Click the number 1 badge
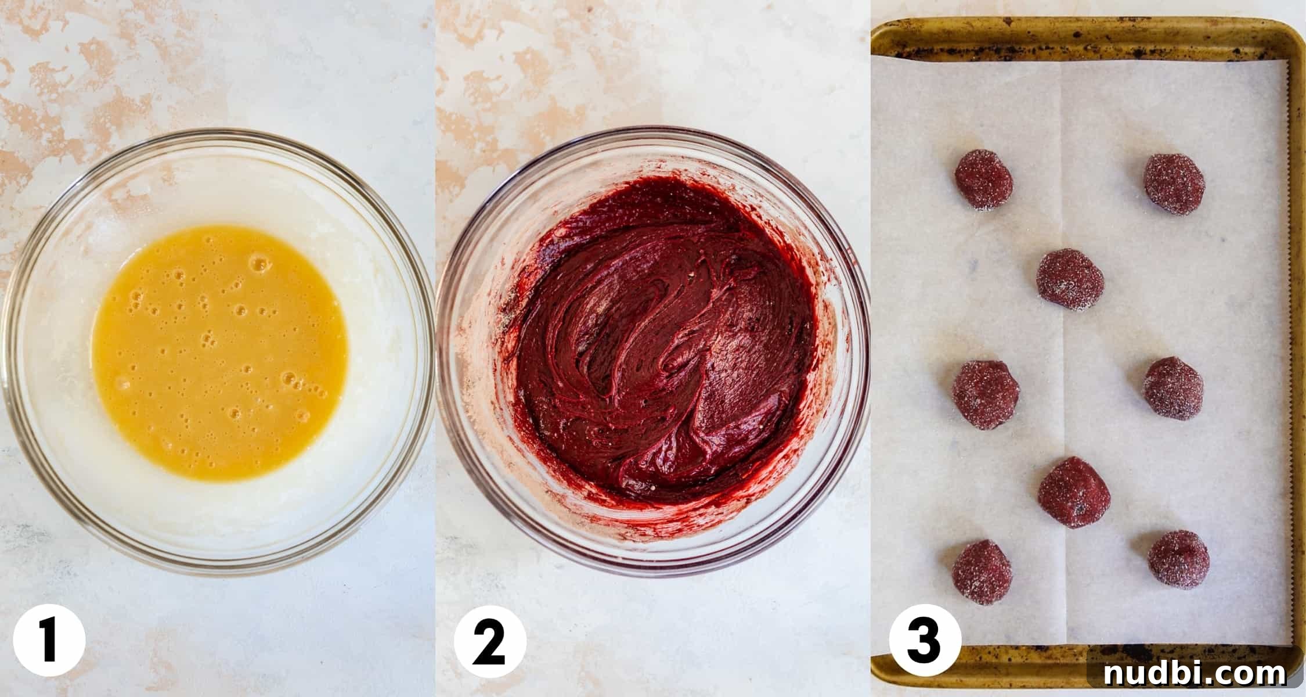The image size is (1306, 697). click(49, 641)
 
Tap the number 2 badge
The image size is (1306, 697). click(490, 641)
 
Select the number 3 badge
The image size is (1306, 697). click(925, 641)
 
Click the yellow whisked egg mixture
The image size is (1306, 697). click(219, 353)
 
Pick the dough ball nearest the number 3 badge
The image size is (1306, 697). click(982, 573)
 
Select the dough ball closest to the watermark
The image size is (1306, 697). click(1178, 559)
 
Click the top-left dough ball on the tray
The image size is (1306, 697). click(983, 179)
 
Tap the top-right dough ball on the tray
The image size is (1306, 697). click(1174, 184)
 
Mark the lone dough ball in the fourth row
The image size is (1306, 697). click(1074, 493)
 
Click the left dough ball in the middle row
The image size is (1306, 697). click(985, 395)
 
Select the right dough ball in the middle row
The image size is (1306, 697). click(1173, 389)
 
